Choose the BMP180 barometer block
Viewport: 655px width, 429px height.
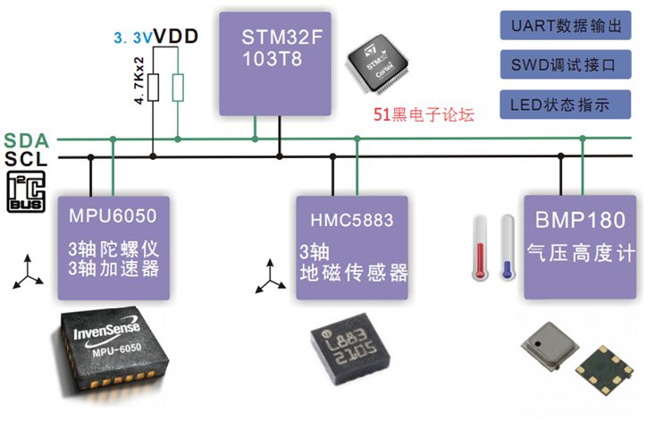coord(581,246)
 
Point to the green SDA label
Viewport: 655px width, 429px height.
coord(25,140)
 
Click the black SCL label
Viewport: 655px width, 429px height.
coord(25,158)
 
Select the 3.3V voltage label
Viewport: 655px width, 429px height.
coord(131,38)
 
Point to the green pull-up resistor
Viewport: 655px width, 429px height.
coord(179,88)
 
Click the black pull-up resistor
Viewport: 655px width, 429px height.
coord(153,88)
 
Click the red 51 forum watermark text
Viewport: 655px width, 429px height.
coord(423,114)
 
